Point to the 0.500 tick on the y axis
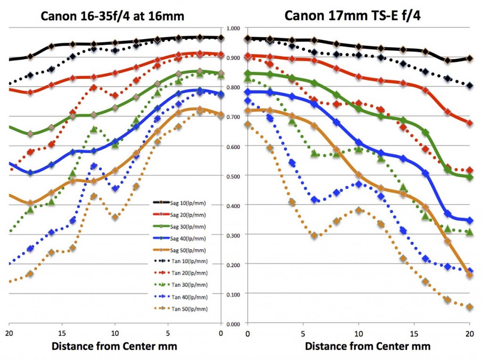[234, 176]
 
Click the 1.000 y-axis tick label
[234, 29]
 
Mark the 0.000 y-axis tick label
[234, 323]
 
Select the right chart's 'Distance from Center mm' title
[367, 347]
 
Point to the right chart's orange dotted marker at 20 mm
[469, 307]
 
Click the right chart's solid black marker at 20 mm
[469, 59]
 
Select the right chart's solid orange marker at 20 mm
[469, 275]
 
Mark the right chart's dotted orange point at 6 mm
[314, 235]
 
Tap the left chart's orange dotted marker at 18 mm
[31, 274]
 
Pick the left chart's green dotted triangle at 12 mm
[94, 129]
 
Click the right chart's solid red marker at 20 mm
[469, 123]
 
